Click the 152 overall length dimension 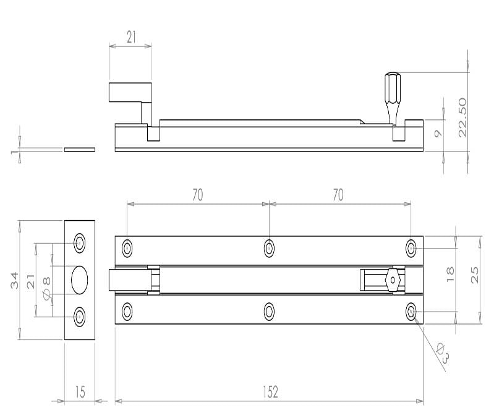270,392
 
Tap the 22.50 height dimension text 462,117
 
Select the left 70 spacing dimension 198,195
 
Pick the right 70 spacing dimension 338,195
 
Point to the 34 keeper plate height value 14,281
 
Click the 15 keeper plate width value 80,392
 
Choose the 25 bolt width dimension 474,275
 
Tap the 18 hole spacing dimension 450,274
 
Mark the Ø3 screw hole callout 443,353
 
